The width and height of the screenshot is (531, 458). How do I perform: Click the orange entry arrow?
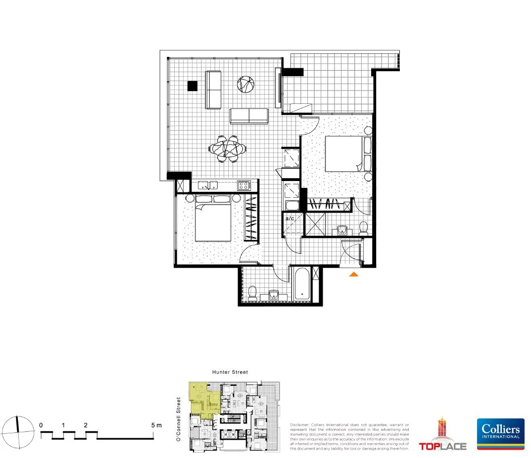click(353, 274)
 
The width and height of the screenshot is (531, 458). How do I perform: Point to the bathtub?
click(302, 285)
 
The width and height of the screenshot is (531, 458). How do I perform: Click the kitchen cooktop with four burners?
click(244, 185)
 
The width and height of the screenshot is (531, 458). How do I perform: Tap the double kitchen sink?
click(208, 185)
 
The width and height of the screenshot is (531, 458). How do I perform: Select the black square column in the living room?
click(193, 86)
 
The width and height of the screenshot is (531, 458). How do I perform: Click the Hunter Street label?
click(230, 372)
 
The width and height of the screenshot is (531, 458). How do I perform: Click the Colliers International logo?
click(500, 434)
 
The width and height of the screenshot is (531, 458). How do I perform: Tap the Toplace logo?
click(443, 435)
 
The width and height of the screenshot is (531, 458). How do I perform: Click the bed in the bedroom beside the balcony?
click(346, 154)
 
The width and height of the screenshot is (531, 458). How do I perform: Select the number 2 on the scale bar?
click(86, 425)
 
